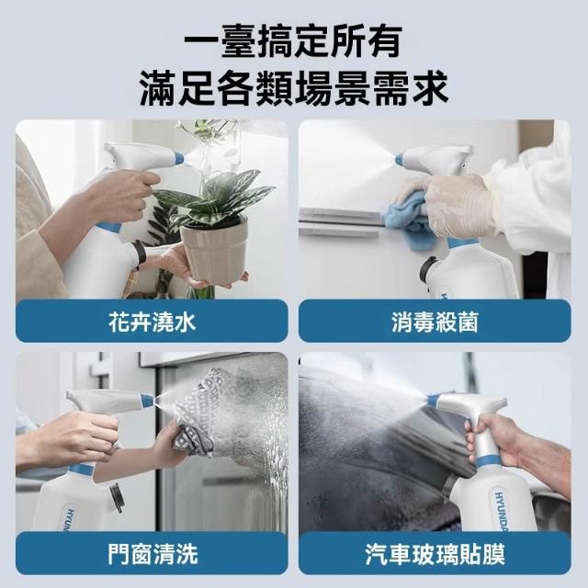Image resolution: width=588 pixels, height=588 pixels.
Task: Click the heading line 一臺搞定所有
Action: pos(293,41)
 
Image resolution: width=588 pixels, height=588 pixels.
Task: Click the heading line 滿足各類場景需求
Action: pos(294,88)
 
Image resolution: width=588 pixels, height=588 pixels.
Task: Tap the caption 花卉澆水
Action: pos(153,322)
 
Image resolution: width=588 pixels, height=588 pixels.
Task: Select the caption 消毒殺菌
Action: pos(435,322)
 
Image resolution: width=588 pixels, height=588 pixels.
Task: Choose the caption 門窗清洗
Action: pos(153,554)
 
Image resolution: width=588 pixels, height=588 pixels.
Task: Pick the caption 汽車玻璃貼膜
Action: pos(435,554)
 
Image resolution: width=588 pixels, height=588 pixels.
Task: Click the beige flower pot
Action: pos(214,251)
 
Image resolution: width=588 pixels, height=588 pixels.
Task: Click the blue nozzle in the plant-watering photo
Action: pos(178,158)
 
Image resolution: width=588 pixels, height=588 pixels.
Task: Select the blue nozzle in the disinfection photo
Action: pos(399,159)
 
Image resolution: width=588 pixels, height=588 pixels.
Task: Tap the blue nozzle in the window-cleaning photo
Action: pos(147,401)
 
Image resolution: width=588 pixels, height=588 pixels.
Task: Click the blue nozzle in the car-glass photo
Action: pos(433,401)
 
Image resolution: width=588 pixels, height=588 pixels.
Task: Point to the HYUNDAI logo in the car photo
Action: pos(502,510)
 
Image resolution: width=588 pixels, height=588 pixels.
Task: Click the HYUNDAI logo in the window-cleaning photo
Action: pos(70,518)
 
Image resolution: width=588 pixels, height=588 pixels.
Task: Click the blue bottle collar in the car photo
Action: pos(488,462)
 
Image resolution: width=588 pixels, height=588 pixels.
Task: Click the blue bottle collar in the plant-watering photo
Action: pos(109,227)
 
